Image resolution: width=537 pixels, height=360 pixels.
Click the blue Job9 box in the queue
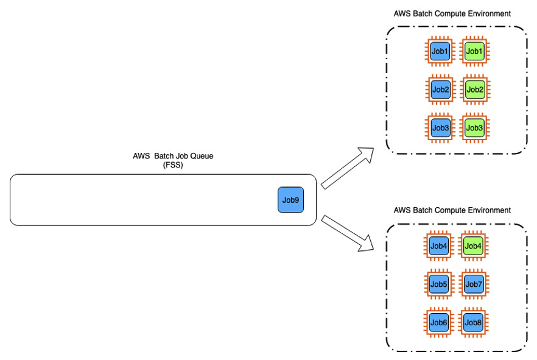[290, 200]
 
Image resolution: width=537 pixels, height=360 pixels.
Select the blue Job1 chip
[440, 52]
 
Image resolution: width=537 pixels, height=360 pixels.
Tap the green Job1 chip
[474, 52]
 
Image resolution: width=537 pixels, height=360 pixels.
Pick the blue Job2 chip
[440, 90]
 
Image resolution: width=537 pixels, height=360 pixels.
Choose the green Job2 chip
[474, 90]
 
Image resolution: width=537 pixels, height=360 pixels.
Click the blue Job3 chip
[440, 128]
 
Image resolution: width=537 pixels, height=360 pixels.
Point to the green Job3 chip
[474, 128]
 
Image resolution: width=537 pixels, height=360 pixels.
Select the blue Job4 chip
[438, 246]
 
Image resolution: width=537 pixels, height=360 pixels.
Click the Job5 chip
[438, 284]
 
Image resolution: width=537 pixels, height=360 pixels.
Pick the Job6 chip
[438, 322]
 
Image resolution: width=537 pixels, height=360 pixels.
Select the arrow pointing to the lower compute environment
[348, 233]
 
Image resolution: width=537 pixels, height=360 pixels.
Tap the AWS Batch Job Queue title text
[173, 156]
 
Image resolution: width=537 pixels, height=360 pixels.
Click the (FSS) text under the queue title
[173, 164]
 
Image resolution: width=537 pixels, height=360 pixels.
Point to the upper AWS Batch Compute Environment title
[452, 13]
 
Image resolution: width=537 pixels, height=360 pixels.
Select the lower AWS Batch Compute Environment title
[452, 210]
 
